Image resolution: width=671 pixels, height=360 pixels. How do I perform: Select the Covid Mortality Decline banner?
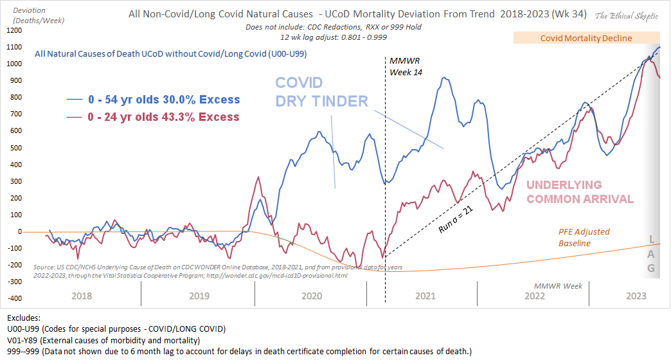(x=586, y=38)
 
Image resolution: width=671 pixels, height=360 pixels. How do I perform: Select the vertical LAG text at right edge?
(x=651, y=254)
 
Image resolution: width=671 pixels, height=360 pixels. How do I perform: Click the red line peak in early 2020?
(x=258, y=177)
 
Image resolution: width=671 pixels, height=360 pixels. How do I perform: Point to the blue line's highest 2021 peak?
(x=443, y=78)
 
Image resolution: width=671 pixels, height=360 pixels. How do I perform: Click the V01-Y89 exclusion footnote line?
(x=103, y=340)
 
